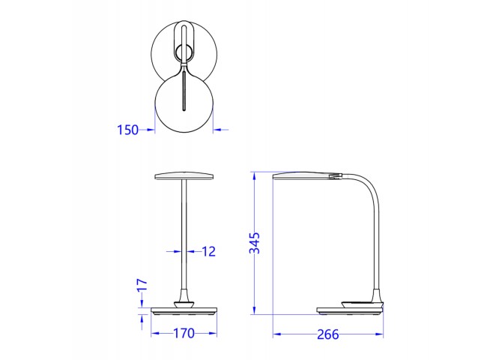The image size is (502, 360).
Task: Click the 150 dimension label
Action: point(127,130)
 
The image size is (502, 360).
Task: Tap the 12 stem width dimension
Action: point(209,252)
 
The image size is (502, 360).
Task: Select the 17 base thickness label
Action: point(142,285)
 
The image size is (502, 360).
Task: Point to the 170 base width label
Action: point(184,334)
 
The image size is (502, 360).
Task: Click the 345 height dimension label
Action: point(255,243)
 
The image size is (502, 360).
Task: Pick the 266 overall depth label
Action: point(328,334)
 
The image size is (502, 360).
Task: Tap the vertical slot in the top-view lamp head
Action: point(184,91)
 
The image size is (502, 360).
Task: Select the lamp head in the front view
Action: point(184,177)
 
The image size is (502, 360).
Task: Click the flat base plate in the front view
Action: point(184,311)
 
